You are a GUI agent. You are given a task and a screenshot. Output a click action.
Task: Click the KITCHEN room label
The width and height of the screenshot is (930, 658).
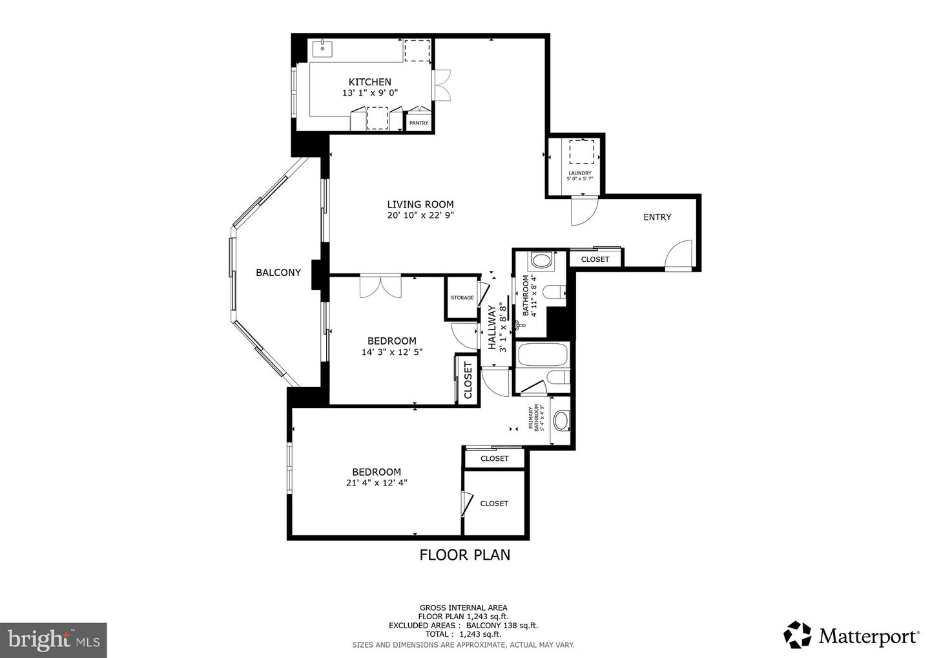point(369,82)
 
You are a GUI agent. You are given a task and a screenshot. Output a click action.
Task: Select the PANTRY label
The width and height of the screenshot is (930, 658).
point(418,123)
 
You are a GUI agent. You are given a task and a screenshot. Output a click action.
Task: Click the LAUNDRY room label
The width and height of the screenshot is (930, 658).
point(579,173)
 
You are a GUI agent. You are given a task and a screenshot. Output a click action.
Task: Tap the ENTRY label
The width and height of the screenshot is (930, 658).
point(657,217)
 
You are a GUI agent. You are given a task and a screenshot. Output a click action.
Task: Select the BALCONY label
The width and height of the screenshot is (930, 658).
point(278,273)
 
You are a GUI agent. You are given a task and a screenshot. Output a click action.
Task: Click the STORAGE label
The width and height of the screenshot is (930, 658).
point(462,297)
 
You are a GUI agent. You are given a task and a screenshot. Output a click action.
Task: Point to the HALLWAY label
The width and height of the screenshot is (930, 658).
point(492,327)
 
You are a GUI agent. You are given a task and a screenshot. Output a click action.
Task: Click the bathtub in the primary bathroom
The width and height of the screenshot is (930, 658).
point(542,356)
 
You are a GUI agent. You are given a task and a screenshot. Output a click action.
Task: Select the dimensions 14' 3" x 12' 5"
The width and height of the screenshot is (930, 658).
point(392,352)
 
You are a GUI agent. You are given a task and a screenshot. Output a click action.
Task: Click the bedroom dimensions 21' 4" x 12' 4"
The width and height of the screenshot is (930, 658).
point(377,483)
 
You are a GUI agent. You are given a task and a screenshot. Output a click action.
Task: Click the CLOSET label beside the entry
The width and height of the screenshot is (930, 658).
point(595,259)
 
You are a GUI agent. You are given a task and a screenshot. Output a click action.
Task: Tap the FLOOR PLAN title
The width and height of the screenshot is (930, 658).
point(465,555)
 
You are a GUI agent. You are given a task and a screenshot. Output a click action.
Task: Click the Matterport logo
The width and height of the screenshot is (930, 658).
point(851,635)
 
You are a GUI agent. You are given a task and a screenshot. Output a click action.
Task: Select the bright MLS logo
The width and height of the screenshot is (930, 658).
point(53,640)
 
